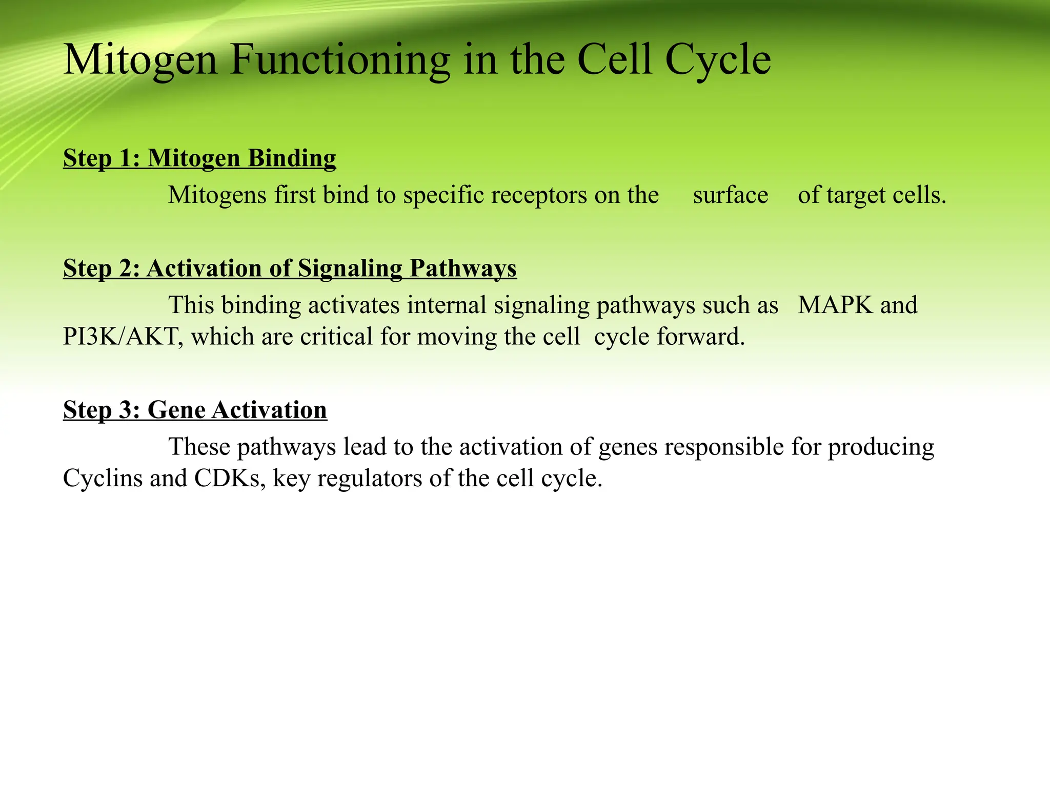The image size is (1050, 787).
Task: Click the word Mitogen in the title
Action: (140, 60)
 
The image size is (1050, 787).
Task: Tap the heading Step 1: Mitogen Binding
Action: (199, 158)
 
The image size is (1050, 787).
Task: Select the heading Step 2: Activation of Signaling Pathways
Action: (290, 268)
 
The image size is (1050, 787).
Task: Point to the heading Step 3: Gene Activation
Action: (195, 410)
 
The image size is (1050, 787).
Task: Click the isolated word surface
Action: (731, 195)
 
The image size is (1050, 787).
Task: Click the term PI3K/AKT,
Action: (123, 337)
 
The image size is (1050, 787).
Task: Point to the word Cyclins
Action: (103, 479)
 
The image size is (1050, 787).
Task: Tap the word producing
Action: (881, 447)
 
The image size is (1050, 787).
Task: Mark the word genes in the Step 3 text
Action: (628, 447)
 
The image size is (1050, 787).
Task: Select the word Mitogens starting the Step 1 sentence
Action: (217, 195)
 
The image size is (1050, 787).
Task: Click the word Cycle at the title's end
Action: (718, 60)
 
